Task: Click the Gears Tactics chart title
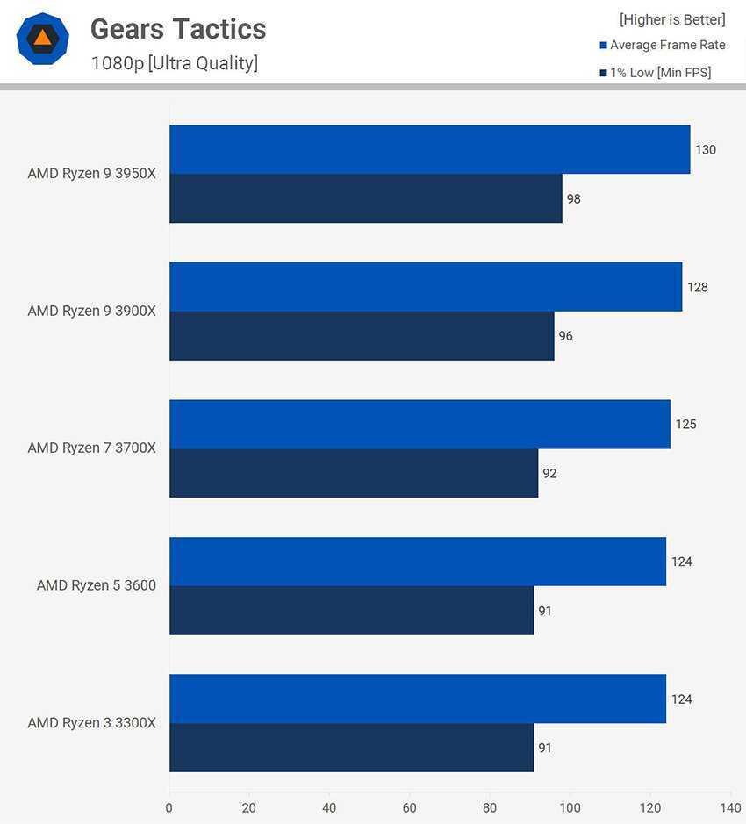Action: pos(178,29)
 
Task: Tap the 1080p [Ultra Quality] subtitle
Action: pos(174,63)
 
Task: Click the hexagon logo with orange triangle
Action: pos(42,39)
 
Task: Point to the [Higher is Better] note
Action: pos(672,19)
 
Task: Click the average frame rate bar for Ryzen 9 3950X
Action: pos(429,149)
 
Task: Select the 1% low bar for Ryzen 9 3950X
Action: pos(365,198)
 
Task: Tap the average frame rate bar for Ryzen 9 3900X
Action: pos(426,287)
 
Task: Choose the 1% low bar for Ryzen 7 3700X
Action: pos(353,473)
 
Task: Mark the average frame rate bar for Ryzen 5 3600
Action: pos(418,562)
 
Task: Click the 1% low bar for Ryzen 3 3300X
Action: pos(351,748)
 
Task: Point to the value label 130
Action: pos(706,150)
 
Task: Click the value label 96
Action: pos(565,336)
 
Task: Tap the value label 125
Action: pos(685,425)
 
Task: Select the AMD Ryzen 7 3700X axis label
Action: pos(91,448)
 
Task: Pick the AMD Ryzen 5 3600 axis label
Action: pos(97,585)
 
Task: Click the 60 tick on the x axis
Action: pos(410,807)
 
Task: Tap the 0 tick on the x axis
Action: pos(169,807)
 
